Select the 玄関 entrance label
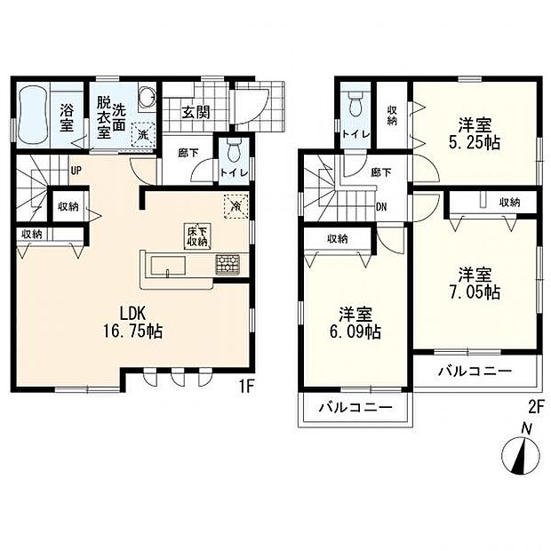tap(195, 111)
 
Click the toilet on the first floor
tap(233, 151)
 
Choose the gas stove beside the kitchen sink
tap(227, 264)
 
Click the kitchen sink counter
tap(169, 265)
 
